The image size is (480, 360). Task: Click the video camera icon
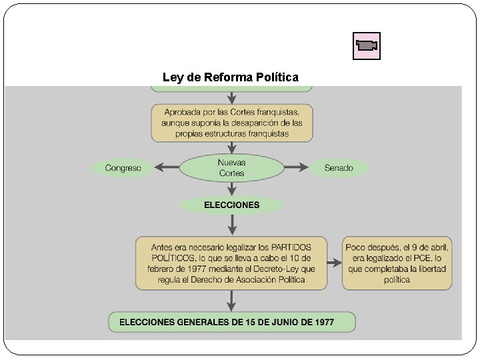click(x=366, y=46)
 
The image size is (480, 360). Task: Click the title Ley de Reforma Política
click(x=231, y=77)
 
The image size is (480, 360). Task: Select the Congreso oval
click(x=123, y=168)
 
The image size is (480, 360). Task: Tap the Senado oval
click(x=339, y=168)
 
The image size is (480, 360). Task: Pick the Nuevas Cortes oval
click(x=231, y=168)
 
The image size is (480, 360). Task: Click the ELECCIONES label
click(x=231, y=205)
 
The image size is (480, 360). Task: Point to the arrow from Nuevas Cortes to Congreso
click(x=166, y=168)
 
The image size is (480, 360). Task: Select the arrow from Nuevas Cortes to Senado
click(x=296, y=168)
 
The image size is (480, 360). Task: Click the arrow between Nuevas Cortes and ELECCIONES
click(x=231, y=189)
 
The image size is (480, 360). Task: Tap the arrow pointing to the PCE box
click(x=335, y=263)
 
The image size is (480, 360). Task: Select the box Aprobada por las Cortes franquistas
click(x=231, y=122)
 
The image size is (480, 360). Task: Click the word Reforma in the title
click(x=230, y=77)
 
